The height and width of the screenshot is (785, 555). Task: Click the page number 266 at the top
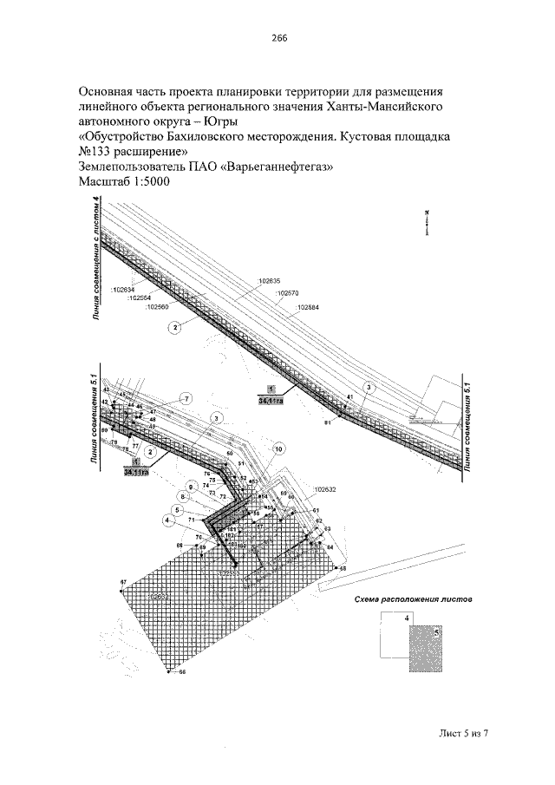278,38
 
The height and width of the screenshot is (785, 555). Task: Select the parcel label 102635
271,281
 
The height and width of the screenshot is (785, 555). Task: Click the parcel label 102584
308,307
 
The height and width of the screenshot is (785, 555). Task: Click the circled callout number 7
183,398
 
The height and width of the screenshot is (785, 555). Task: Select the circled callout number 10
278,449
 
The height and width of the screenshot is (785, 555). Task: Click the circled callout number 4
166,520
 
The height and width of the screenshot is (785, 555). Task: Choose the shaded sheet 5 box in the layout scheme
425,650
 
